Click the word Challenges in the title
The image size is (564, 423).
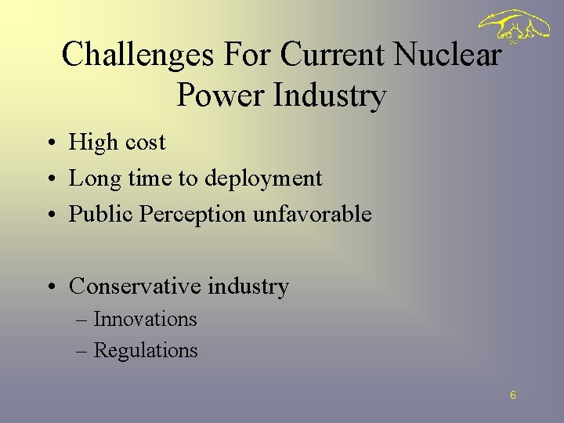[139, 54]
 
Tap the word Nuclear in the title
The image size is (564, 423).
[447, 54]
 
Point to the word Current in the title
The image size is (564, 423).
[334, 54]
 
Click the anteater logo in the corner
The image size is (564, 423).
[515, 28]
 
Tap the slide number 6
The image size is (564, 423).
[512, 396]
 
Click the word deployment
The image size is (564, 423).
[263, 179]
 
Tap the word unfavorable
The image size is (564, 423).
[312, 214]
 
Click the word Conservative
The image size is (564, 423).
[136, 287]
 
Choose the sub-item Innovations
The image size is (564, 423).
[145, 320]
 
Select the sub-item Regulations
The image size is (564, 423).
[146, 350]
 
